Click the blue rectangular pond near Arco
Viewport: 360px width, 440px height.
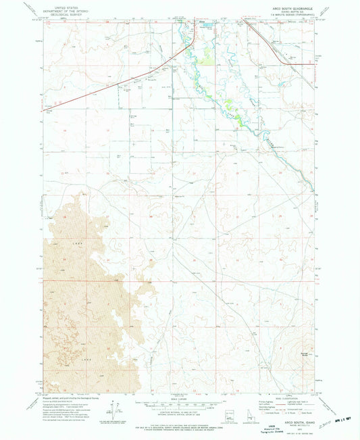coord(208,26)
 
